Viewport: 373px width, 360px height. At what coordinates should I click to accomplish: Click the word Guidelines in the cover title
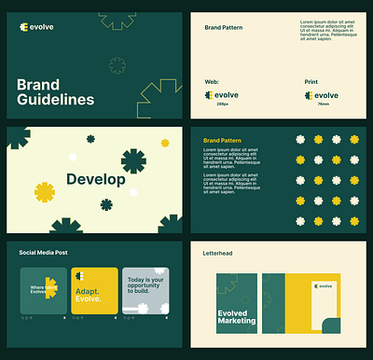click(x=56, y=99)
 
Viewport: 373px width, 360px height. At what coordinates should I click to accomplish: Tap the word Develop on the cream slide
click(x=96, y=179)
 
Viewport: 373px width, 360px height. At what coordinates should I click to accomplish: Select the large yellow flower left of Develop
click(x=45, y=192)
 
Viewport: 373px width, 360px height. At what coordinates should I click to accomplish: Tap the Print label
click(x=311, y=82)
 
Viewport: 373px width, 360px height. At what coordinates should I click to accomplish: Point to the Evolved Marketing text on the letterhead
click(x=237, y=316)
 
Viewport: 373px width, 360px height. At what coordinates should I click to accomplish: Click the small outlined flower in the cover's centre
click(x=117, y=65)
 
